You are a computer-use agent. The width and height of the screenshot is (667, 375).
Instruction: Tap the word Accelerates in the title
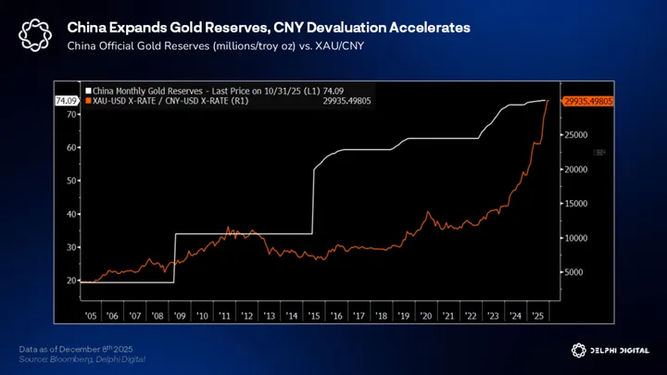423,29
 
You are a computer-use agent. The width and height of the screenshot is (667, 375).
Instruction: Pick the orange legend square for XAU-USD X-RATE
88,100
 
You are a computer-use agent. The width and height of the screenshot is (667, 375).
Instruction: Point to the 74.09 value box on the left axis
67,100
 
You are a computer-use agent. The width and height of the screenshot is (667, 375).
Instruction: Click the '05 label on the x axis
90,315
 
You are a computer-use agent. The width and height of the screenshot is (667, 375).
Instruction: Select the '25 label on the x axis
537,315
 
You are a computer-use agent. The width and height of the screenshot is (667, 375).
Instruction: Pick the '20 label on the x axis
425,315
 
